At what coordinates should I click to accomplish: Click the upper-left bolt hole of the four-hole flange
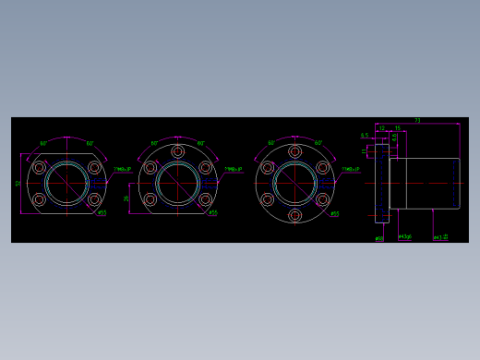click(40, 167)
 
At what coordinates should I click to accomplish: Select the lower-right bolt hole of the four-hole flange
click(94, 198)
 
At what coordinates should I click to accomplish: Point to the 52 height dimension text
click(18, 183)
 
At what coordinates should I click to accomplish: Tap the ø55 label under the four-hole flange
click(102, 213)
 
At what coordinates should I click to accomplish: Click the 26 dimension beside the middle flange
click(127, 198)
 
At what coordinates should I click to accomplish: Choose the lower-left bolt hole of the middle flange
click(150, 198)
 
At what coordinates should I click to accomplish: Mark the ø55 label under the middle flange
click(213, 213)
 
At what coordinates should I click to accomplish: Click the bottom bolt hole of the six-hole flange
click(294, 215)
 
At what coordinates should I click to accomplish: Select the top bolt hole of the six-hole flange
click(294, 151)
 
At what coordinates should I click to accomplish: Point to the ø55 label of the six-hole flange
click(334, 213)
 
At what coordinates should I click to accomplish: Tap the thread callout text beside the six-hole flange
click(350, 170)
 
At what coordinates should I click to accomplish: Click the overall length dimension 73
click(417, 121)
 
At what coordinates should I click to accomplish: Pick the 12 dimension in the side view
click(381, 128)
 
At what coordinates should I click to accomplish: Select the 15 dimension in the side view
click(397, 128)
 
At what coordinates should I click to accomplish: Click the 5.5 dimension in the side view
click(365, 136)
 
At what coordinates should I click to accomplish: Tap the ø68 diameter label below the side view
click(379, 238)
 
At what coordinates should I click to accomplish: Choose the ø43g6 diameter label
click(404, 237)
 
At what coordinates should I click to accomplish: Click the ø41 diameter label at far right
click(440, 237)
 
